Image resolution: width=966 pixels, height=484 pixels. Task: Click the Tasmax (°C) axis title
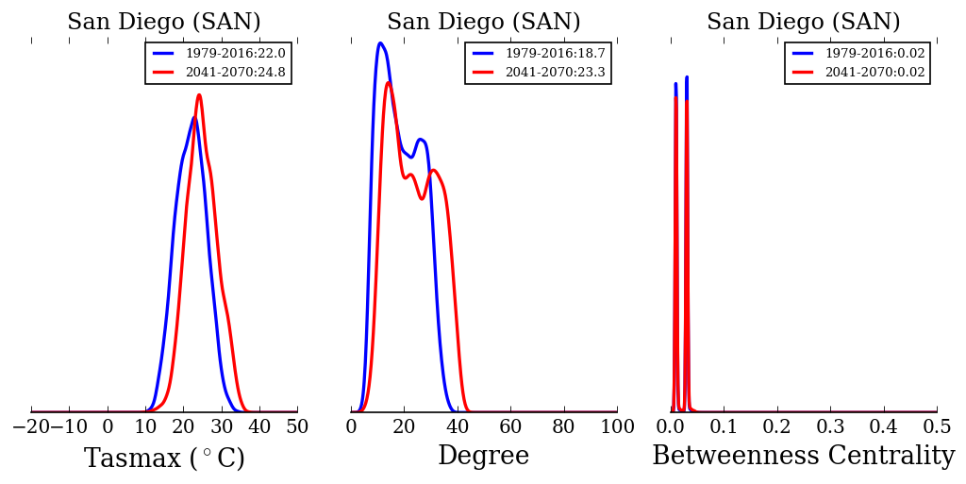(x=164, y=459)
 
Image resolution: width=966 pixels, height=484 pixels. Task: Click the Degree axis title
(x=483, y=457)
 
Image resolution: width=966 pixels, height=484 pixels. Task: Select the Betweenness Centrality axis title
(x=803, y=457)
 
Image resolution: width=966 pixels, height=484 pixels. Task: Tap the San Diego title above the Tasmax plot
(x=164, y=23)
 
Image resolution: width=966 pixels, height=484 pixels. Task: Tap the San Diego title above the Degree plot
(x=483, y=23)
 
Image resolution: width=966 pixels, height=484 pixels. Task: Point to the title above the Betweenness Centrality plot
(x=803, y=23)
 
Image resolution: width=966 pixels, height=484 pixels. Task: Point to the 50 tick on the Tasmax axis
(x=297, y=426)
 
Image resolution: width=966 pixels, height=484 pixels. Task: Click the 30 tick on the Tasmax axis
(x=222, y=426)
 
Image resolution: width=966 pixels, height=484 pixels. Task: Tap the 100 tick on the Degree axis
(x=617, y=426)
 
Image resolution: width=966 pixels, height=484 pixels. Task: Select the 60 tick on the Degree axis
(x=510, y=426)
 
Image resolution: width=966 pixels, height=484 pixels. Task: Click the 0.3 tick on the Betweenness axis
(x=830, y=426)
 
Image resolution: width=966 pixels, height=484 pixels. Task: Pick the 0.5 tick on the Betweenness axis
(x=937, y=426)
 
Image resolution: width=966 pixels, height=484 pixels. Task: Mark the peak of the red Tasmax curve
(x=199, y=94)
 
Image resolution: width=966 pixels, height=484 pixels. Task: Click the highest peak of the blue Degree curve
(x=380, y=42)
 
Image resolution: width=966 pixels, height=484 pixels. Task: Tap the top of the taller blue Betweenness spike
(x=687, y=77)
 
